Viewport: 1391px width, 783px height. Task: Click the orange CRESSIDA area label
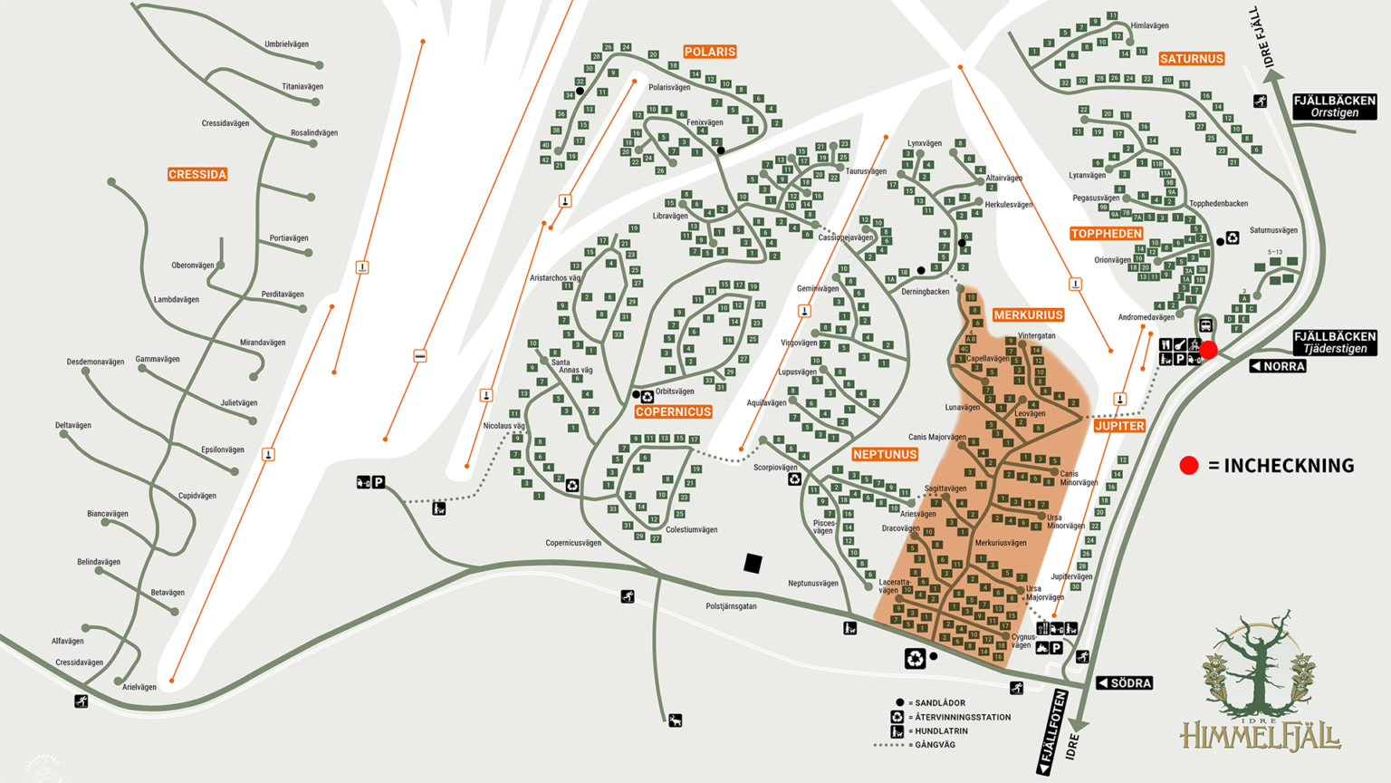[197, 174]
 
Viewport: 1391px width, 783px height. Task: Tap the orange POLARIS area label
[709, 52]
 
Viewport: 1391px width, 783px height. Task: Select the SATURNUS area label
[1191, 58]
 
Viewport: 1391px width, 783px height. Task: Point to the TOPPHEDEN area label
[1106, 233]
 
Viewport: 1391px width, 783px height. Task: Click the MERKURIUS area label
[1028, 314]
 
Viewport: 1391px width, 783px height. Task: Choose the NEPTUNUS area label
[885, 454]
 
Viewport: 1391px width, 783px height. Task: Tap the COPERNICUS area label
[673, 411]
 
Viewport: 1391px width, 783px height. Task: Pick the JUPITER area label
[1119, 425]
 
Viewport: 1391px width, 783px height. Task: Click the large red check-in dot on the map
[1209, 350]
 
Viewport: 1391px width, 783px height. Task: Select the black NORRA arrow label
[1278, 366]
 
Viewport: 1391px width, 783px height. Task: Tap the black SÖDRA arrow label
[1125, 682]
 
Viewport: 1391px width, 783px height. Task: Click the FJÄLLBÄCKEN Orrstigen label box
[1334, 106]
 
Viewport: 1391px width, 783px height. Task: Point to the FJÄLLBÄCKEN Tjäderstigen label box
[1334, 342]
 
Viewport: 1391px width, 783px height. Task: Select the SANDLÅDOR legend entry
[935, 702]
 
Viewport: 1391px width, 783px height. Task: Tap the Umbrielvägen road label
[286, 43]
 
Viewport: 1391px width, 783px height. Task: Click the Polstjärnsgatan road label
[731, 605]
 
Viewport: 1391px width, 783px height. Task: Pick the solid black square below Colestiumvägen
[753, 564]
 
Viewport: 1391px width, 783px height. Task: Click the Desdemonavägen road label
[95, 362]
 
